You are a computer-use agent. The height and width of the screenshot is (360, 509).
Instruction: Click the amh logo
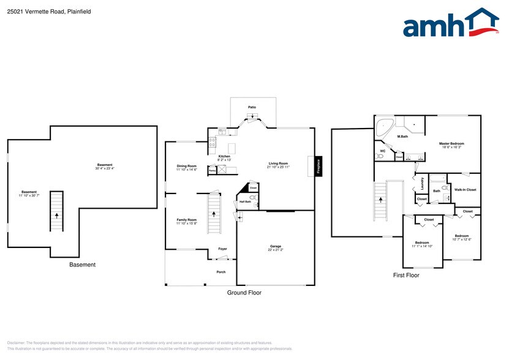coord(450,24)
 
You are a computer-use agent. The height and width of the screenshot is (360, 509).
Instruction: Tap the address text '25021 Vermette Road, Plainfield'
coord(49,10)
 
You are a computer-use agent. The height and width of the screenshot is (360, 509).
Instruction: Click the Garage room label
coord(276,247)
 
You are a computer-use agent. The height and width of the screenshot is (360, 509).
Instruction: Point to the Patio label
coord(252,107)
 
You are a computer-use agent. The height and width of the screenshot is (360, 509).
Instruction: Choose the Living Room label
coord(278,163)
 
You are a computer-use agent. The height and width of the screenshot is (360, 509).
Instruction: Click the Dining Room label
coord(187,166)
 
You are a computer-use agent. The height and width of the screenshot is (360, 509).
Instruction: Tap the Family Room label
coord(186,219)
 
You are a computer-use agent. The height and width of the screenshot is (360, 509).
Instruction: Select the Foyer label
coord(222,249)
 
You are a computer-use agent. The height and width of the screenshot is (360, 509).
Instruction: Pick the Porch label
coord(221,272)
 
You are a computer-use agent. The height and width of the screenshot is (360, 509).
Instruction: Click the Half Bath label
coord(245,201)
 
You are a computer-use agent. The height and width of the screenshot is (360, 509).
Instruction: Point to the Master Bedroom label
coord(451,143)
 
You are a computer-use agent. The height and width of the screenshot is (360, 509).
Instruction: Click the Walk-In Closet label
coord(465,190)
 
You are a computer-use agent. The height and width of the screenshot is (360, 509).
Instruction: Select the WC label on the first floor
coord(382,151)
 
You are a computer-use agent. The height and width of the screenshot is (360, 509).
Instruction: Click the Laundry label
coord(422,184)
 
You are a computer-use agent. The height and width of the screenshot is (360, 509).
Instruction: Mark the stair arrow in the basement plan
coord(56,215)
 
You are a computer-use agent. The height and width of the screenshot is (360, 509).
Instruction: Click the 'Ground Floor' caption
coord(245,293)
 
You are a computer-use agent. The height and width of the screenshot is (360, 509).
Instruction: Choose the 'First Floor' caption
coord(406,276)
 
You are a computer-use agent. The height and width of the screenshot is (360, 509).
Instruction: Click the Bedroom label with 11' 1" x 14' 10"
coord(422,243)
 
